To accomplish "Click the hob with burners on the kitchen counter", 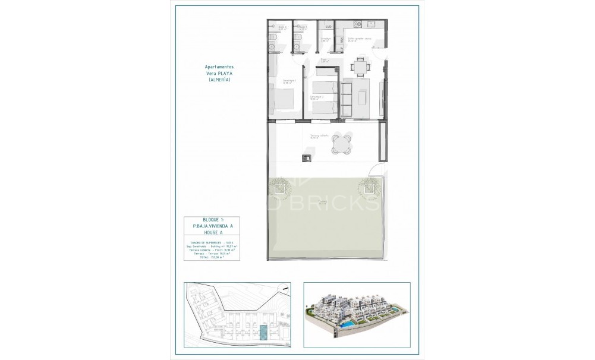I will (x=358, y=24).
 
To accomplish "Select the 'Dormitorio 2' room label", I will (x=317, y=96).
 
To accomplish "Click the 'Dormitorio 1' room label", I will (x=289, y=81).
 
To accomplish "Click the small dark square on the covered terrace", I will (x=307, y=157).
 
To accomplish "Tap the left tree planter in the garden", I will (x=279, y=189).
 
